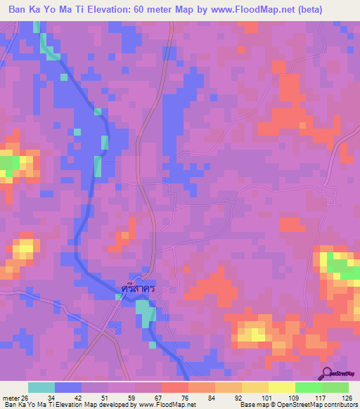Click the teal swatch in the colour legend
pos(41,387)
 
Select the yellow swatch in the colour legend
pos(281,387)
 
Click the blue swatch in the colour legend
pos(68,387)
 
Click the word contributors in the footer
pos(340,405)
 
